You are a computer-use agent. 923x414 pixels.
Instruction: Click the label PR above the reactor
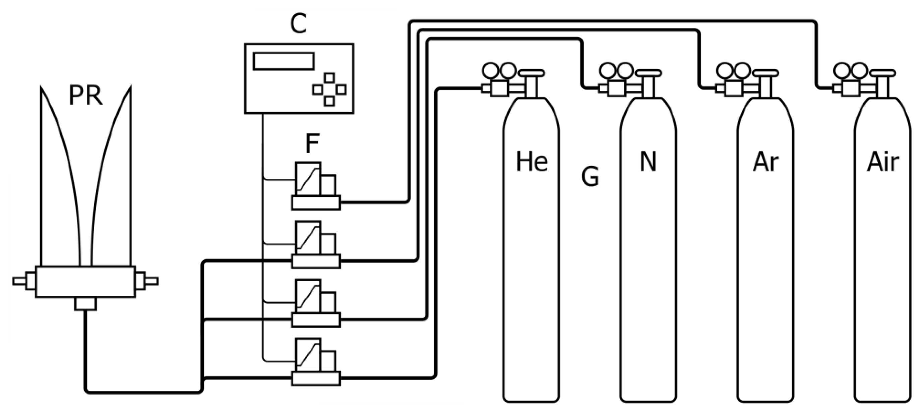86,96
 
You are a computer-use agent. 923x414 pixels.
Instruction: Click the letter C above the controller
299,24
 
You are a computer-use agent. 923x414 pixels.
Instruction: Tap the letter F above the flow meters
312,143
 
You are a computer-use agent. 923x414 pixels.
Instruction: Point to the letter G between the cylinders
590,176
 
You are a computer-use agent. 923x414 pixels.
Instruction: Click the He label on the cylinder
532,162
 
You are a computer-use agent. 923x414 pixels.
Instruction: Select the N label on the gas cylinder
648,162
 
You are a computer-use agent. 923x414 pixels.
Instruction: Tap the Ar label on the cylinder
765,162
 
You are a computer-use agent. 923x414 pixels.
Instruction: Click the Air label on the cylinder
882,162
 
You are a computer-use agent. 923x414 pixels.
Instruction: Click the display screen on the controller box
284,61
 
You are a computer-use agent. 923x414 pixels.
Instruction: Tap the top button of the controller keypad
330,78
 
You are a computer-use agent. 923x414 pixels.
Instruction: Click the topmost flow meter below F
315,186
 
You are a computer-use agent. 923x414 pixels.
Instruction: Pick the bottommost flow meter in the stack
315,362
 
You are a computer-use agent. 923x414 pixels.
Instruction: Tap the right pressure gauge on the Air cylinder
860,70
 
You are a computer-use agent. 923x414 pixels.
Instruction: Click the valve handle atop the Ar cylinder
766,73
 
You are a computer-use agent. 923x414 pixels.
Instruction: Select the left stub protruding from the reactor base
20,281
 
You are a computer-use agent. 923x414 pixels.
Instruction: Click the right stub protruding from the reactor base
151,281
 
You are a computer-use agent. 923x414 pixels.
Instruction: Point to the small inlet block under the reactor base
85,304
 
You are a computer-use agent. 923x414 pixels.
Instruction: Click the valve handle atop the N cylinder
649,73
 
